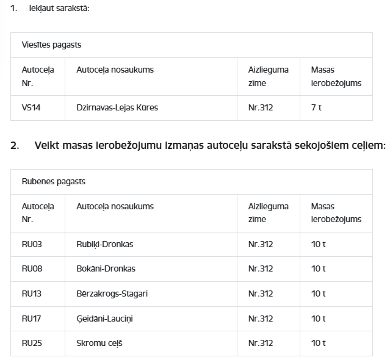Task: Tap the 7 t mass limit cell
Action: click(x=316, y=108)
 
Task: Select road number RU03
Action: click(x=32, y=245)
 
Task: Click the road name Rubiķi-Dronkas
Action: click(x=104, y=245)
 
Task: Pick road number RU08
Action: click(x=32, y=269)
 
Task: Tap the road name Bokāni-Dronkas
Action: click(x=106, y=269)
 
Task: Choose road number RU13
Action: click(x=32, y=294)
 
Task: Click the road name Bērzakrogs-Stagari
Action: click(x=112, y=294)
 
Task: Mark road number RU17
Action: click(x=32, y=319)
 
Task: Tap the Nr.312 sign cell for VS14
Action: click(x=261, y=108)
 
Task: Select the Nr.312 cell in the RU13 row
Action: click(x=261, y=294)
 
